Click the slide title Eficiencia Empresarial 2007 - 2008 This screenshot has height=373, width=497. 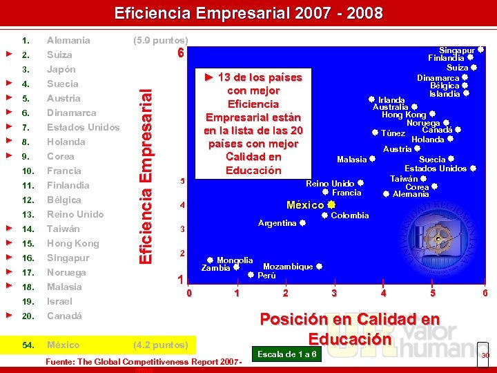(248, 13)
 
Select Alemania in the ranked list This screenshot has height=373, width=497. (68, 40)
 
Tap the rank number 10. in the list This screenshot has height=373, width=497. (28, 171)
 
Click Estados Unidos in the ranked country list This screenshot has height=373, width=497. (83, 127)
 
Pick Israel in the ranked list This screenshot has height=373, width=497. (59, 301)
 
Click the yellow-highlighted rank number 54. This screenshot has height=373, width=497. (28, 345)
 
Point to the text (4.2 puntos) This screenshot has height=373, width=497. (160, 345)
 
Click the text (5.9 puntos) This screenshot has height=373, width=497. (160, 40)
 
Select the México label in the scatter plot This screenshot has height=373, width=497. (305, 205)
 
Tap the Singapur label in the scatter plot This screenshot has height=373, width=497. (457, 50)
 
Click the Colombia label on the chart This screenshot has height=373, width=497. (349, 216)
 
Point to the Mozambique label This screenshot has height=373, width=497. (288, 267)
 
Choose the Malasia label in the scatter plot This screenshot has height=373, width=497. (351, 160)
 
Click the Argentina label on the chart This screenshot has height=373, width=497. (277, 223)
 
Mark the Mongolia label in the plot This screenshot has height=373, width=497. (235, 260)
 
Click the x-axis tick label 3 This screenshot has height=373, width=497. (334, 293)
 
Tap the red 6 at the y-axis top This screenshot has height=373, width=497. (180, 53)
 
